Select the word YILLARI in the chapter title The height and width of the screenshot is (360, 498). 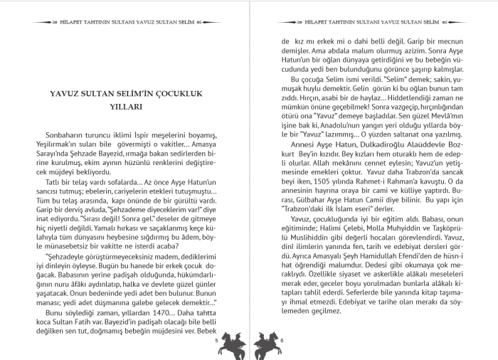127,107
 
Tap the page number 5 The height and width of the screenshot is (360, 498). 216,341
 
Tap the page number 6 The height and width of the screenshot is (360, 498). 282,341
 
